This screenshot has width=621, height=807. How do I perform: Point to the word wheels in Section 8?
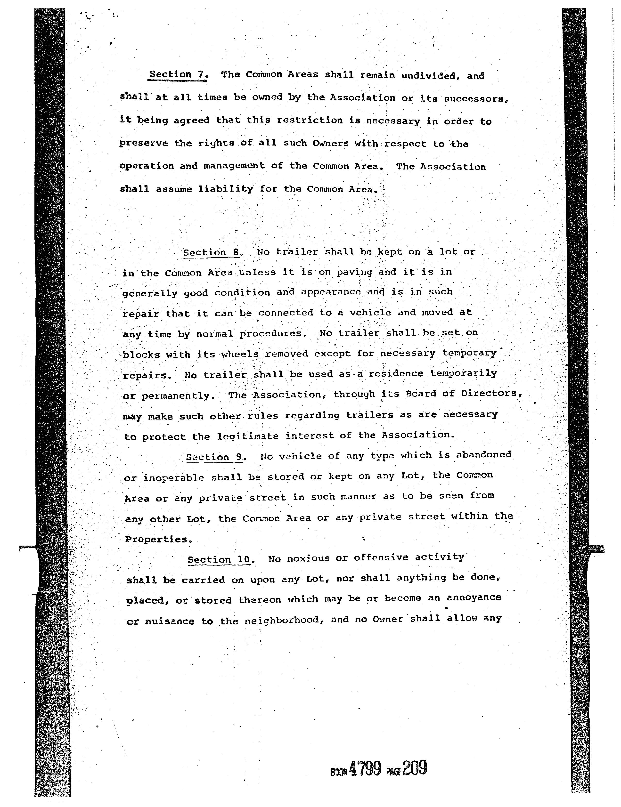coord(240,354)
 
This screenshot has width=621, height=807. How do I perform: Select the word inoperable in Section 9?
coord(173,478)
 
